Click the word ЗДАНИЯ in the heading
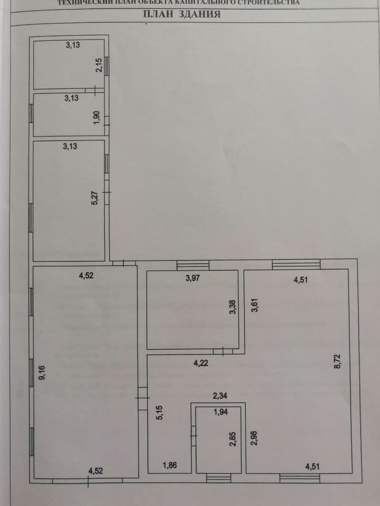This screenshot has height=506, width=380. tap(199, 14)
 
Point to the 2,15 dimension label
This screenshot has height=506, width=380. tap(99, 65)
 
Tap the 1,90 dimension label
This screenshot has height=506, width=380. tap(97, 117)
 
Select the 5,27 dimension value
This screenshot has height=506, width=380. tap(95, 198)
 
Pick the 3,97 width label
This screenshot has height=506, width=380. tap(193, 278)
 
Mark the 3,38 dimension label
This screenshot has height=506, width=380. tap(233, 307)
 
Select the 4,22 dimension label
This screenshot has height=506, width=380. tap(201, 363)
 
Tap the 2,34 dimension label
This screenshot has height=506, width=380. tap(220, 396)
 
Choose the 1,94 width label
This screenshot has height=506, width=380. tap(221, 412)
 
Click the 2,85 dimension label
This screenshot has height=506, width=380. tap(233, 439)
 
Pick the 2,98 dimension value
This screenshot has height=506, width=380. tap(254, 438)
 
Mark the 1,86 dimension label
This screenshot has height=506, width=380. tap(170, 465)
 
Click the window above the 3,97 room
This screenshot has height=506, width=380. tap(193, 265)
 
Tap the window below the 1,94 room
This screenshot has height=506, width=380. tap(218, 478)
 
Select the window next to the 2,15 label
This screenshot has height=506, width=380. tap(107, 66)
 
